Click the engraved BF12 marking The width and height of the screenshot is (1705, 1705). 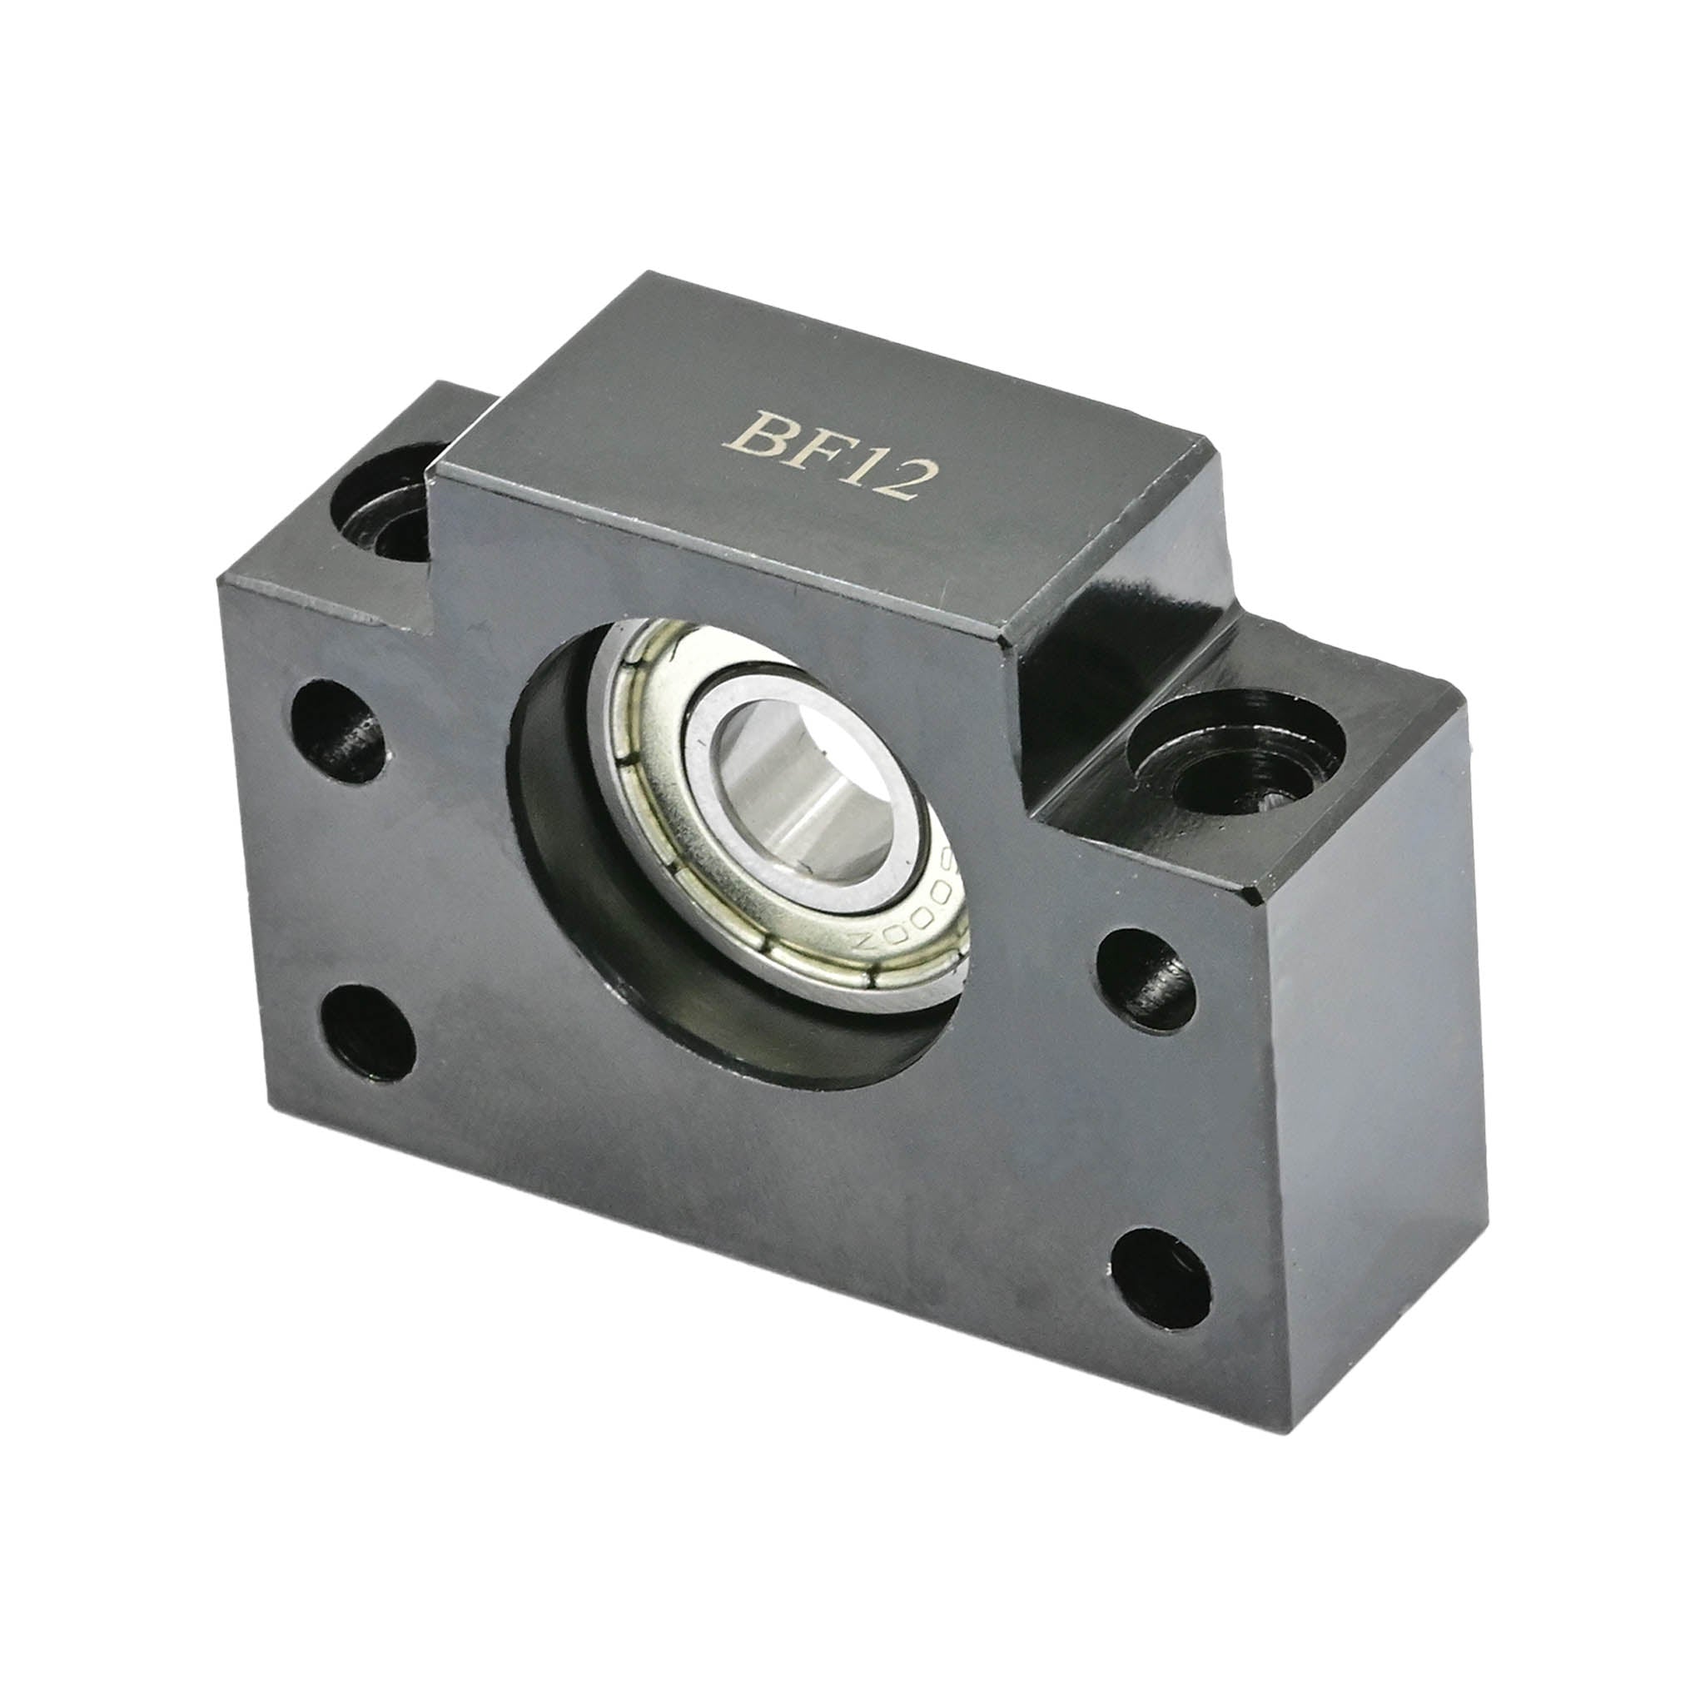click(829, 456)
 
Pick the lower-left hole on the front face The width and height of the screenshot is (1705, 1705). click(368, 1032)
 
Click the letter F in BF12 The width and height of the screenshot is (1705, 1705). click(814, 450)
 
